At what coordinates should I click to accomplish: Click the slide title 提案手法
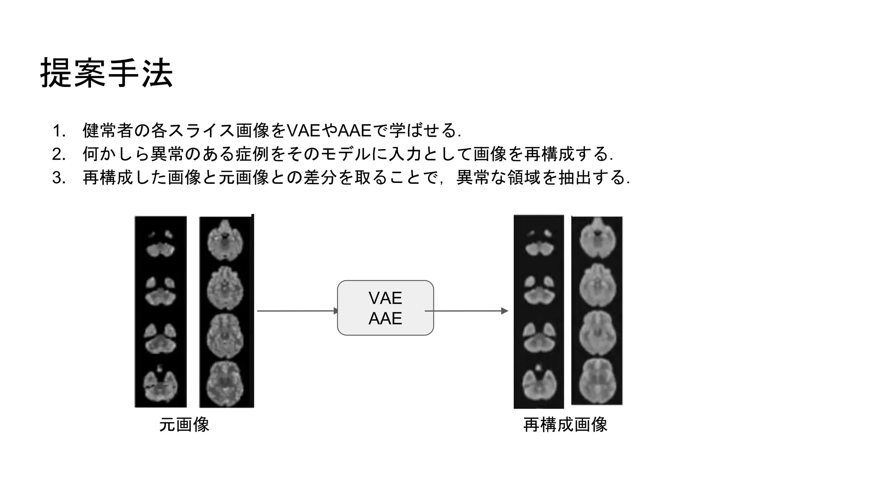pos(106,73)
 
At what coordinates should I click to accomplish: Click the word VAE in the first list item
pos(303,130)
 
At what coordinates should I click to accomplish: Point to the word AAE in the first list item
pos(355,130)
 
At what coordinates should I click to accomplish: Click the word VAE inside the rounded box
pos(385,298)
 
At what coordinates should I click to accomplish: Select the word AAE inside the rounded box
pos(385,318)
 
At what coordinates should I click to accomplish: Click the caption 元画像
pos(184,425)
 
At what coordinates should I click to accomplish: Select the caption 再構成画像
pos(565,425)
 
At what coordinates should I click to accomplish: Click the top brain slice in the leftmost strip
pos(160,244)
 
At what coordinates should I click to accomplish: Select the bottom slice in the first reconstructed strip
pos(539,385)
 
